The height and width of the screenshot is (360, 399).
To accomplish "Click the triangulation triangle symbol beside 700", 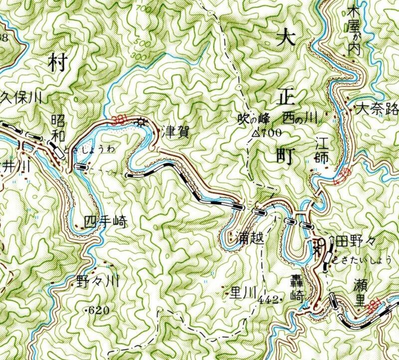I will click(x=255, y=133).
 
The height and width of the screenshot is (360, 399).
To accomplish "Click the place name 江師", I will click(x=321, y=154).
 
